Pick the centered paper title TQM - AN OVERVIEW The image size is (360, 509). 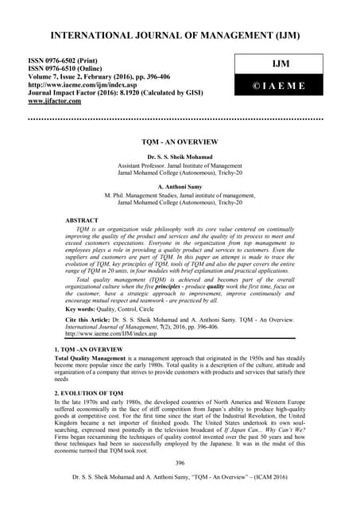coord(180,141)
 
